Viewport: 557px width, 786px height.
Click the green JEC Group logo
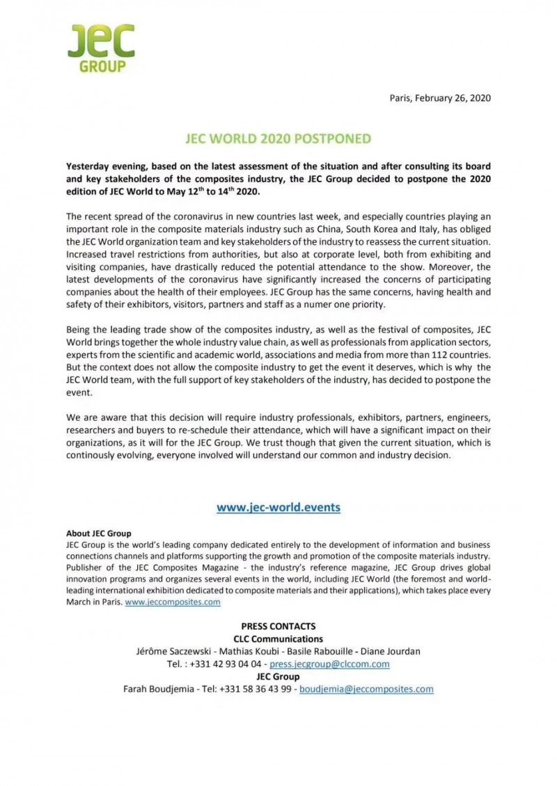point(101,47)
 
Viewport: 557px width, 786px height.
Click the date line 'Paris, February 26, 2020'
point(440,97)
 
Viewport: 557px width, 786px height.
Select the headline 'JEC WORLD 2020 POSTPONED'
point(278,138)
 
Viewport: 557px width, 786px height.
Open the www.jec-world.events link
point(278,507)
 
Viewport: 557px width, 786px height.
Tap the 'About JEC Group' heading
point(99,534)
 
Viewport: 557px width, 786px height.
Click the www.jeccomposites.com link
point(173,602)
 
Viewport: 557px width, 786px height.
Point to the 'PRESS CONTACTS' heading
point(278,626)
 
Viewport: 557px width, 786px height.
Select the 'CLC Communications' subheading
point(278,639)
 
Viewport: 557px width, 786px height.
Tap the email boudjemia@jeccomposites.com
point(366,689)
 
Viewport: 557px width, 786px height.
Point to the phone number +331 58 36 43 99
point(257,689)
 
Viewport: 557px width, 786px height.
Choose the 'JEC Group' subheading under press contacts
point(278,676)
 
